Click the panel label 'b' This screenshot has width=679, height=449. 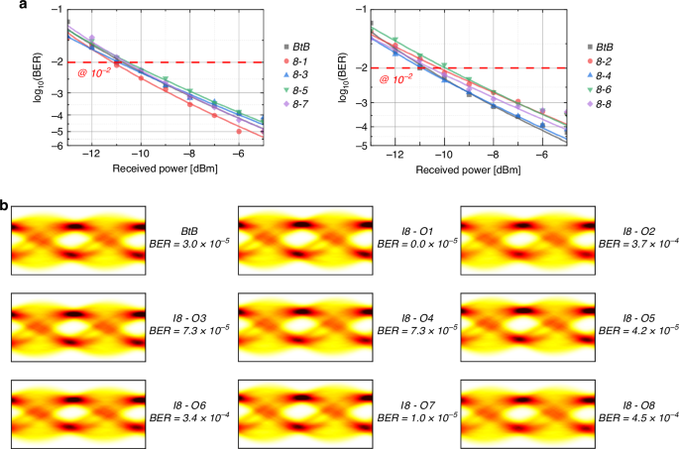coord(6,207)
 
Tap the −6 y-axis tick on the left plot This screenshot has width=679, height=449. coord(57,145)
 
